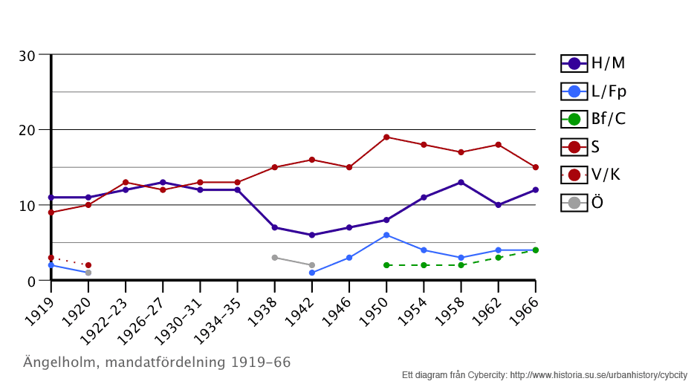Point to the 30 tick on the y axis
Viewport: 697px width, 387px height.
pyautogui.click(x=27, y=56)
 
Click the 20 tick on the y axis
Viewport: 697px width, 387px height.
pyautogui.click(x=27, y=131)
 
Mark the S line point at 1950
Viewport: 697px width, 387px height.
pyautogui.click(x=386, y=137)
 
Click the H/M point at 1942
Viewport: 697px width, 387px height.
pyautogui.click(x=312, y=235)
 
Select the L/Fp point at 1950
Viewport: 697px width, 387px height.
pyautogui.click(x=386, y=235)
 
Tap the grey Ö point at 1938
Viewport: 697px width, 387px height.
pyautogui.click(x=274, y=258)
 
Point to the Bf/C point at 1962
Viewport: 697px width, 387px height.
pyautogui.click(x=498, y=258)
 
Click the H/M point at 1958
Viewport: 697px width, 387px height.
pyautogui.click(x=461, y=182)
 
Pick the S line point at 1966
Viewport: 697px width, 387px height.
pyautogui.click(x=535, y=167)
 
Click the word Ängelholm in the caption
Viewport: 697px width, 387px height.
pyautogui.click(x=62, y=362)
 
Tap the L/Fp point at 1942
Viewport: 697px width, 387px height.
pyautogui.click(x=312, y=273)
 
